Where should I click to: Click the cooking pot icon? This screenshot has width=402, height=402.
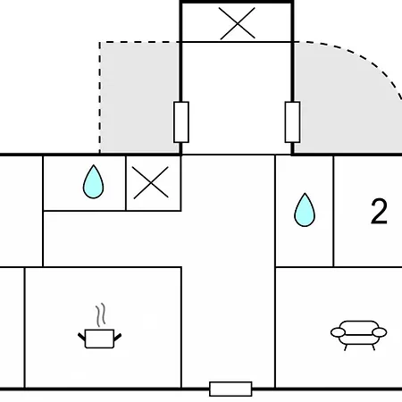point(99,339)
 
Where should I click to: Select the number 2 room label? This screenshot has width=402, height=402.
point(379,212)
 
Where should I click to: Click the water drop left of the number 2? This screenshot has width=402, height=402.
point(305,210)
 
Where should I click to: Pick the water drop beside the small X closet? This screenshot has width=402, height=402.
point(94,181)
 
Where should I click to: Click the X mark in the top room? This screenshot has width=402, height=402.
point(238,23)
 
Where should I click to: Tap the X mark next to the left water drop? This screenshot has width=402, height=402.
point(151,182)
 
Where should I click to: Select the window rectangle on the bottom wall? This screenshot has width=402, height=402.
point(230,389)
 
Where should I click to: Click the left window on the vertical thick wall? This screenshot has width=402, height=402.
point(181,122)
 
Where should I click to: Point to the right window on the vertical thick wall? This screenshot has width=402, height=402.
point(292,122)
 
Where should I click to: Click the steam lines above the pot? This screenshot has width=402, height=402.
point(101,314)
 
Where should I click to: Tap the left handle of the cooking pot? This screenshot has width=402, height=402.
point(81,338)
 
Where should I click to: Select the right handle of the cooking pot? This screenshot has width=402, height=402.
point(118,338)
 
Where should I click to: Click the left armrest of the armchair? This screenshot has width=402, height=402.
point(338,332)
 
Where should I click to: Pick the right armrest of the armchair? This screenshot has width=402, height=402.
point(380,332)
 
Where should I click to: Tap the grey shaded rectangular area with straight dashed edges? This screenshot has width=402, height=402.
point(139,98)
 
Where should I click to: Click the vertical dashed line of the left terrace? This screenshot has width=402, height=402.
point(100,97)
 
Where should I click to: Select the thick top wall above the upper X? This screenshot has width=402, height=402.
point(237,2)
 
